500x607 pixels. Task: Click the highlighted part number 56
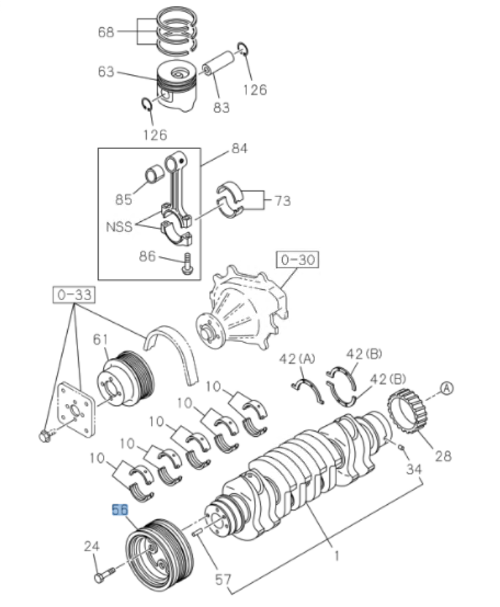pos(118,509)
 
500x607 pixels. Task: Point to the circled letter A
pos(447,389)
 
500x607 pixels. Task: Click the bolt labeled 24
pos(104,576)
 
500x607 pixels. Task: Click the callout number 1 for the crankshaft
pos(336,556)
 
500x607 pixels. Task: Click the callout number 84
pos(239,148)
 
